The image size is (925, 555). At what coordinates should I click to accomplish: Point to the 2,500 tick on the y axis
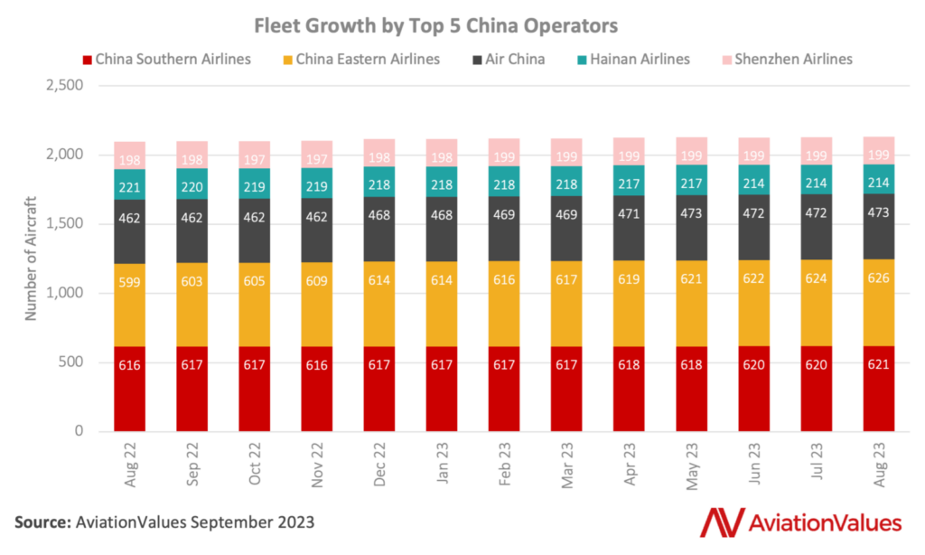(63, 86)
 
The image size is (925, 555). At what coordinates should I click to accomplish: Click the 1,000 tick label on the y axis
(63, 293)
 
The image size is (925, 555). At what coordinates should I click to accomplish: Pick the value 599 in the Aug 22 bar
(130, 282)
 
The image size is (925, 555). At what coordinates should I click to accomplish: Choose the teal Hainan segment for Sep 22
(192, 183)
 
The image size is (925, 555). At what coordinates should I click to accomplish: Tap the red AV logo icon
(719, 522)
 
